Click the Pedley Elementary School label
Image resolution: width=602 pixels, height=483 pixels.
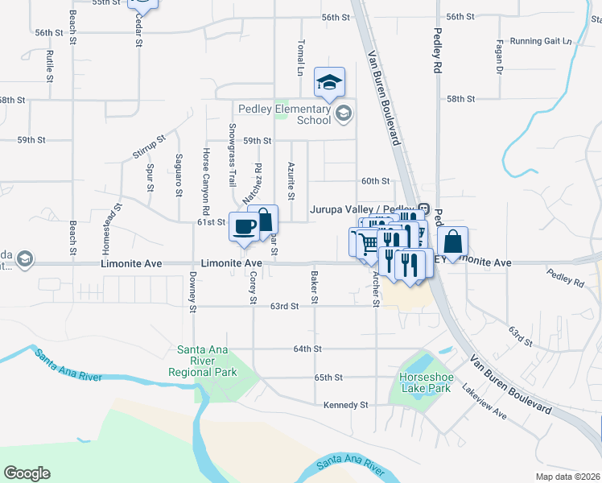coord(284,114)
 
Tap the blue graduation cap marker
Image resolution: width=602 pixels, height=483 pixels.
coord(329,82)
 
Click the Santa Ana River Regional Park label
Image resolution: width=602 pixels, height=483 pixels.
coord(203,361)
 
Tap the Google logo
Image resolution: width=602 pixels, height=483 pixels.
coord(27,473)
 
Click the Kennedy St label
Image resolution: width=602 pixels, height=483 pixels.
coord(345,405)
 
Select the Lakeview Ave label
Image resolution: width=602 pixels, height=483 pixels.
coord(484,402)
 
